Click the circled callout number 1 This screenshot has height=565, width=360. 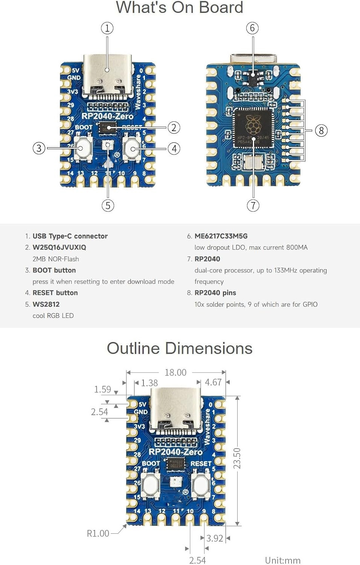(x=107, y=28)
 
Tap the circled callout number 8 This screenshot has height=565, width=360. (x=321, y=131)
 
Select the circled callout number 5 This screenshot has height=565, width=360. (x=108, y=205)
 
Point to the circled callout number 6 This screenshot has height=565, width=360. (x=252, y=28)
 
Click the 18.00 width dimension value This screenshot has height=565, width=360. (x=175, y=373)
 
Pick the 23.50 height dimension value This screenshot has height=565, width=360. (x=237, y=458)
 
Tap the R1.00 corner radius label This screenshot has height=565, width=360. (x=98, y=533)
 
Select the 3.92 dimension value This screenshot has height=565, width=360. (x=215, y=538)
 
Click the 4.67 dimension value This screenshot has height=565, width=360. (x=213, y=382)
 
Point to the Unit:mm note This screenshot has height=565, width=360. (x=283, y=560)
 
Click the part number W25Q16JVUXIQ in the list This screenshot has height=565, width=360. (x=59, y=247)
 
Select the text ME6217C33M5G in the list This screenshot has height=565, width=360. (x=221, y=236)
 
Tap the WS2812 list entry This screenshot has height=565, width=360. (x=46, y=304)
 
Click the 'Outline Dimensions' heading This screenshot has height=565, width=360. (x=180, y=348)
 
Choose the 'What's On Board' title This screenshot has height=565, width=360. (x=180, y=8)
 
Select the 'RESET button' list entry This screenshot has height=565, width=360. (x=55, y=293)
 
